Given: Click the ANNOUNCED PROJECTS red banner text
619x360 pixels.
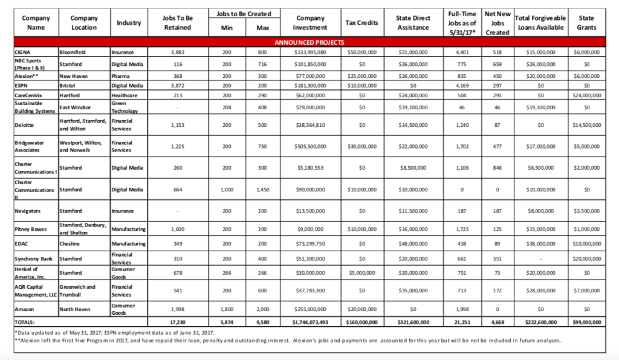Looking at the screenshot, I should click(309, 43).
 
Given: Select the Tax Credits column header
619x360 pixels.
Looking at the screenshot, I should click(361, 23).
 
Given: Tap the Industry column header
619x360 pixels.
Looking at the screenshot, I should click(129, 23).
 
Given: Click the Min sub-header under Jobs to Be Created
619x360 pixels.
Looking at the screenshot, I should click(227, 28).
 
